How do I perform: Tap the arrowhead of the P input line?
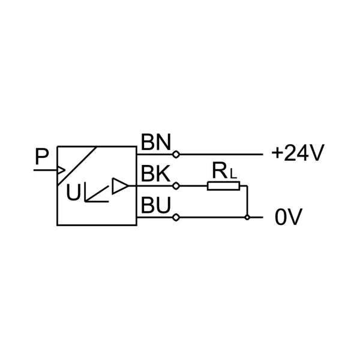click(61, 170)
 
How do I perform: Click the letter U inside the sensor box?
click(73, 193)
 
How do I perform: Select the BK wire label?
click(155, 173)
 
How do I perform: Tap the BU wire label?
click(155, 205)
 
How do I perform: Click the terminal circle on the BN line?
click(175, 154)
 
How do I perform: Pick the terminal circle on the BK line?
click(175, 186)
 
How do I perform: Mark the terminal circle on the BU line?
click(175, 217)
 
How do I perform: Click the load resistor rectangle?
click(223, 186)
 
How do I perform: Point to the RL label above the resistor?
click(224, 172)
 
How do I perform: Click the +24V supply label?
click(298, 154)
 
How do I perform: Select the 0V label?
click(289, 217)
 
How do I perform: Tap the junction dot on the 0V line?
click(247, 217)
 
